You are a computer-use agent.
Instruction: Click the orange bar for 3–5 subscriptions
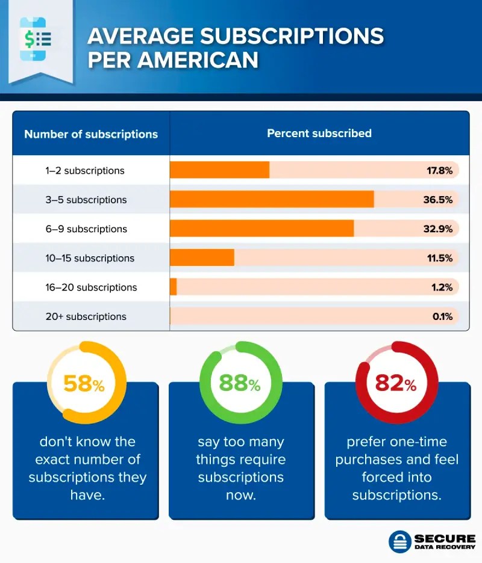272,199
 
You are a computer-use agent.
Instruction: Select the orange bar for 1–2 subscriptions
219,170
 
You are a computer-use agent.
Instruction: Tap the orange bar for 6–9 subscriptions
261,229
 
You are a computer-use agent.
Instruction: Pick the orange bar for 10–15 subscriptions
202,257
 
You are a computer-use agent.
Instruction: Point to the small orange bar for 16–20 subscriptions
174,287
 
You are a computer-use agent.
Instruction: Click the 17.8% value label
439,170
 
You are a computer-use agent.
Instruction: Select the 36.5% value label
437,200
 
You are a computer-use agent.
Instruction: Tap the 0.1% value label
442,316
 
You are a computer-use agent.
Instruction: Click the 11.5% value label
439,258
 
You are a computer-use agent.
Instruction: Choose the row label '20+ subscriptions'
86,316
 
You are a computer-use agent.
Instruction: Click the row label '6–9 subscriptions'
86,229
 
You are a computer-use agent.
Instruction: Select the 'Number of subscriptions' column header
91,134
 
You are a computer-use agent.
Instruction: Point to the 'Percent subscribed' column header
319,133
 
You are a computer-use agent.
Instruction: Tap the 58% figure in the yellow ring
84,383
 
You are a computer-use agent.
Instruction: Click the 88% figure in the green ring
240,383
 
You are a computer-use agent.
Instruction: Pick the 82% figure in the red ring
396,383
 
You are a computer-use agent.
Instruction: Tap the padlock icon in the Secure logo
399,541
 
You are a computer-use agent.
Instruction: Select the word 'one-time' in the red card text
418,441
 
